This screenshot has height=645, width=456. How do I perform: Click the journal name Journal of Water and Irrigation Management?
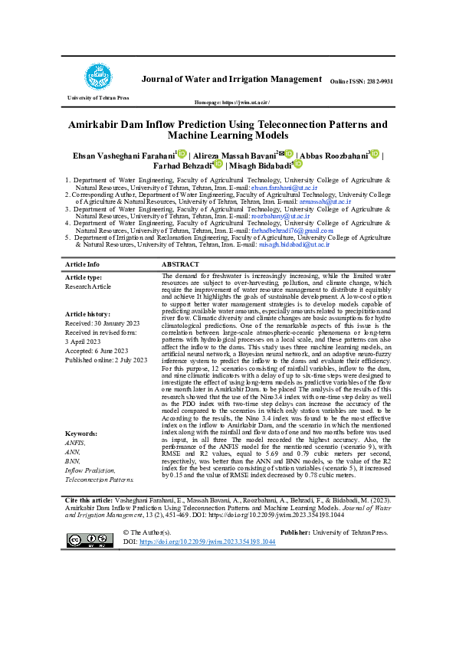point(231,80)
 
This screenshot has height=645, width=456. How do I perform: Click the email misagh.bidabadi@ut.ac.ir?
point(294,244)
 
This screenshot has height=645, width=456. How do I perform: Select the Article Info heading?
point(83,264)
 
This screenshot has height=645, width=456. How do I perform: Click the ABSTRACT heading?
point(181,264)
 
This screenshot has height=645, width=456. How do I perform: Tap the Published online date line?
point(107,359)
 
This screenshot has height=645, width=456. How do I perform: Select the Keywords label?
point(82,433)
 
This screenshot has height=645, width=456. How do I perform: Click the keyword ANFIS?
point(76,443)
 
